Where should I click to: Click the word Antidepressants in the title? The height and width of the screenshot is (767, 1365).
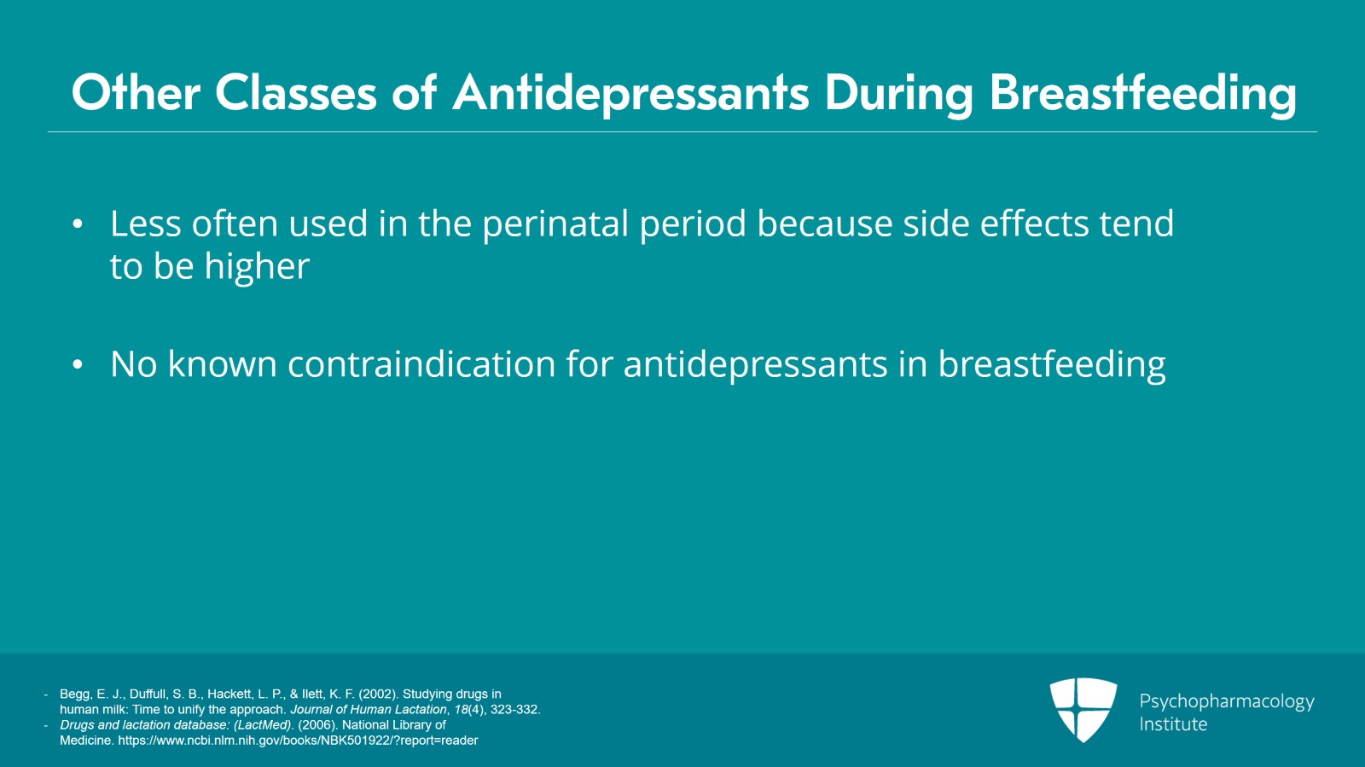(630, 93)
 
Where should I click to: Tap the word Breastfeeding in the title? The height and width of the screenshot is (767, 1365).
(1142, 93)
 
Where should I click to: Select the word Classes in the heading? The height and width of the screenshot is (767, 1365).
(295, 93)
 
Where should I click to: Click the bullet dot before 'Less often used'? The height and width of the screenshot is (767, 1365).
(78, 224)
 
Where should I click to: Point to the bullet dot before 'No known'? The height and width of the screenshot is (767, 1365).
(78, 364)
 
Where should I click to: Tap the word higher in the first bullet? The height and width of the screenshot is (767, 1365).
(257, 267)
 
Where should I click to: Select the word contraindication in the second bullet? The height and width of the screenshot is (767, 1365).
(421, 363)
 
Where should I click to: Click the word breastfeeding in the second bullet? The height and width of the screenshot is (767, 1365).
(1052, 364)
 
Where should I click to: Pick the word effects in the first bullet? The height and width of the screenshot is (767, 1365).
(1034, 223)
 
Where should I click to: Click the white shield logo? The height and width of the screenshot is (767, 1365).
(1083, 710)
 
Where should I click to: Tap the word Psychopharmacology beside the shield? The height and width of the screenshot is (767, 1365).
(1227, 702)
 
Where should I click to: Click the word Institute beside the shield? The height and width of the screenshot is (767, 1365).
(1173, 723)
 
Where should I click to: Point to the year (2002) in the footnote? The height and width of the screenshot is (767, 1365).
(379, 694)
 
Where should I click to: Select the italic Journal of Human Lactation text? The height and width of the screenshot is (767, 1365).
(369, 710)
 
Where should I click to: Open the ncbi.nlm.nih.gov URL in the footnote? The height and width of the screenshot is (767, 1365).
(298, 741)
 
